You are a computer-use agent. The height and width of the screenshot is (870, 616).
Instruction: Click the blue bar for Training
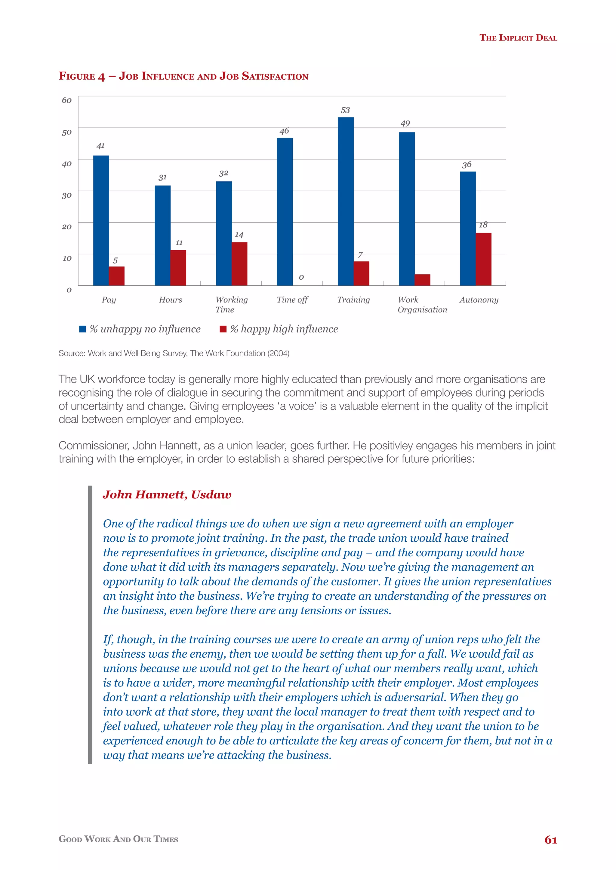coord(346,201)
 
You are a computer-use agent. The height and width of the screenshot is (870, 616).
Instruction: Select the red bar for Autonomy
coord(483,259)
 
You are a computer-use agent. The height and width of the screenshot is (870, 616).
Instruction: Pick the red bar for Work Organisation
coord(422,280)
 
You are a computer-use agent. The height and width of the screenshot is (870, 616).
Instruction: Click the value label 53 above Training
coord(345,110)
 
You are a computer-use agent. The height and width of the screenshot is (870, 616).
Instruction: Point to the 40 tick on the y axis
coord(67,164)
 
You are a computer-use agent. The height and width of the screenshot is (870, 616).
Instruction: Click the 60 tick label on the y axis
coord(67,100)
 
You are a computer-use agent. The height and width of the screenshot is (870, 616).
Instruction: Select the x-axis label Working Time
coord(231,304)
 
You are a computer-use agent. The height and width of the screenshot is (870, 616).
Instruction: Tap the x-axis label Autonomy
coord(479,300)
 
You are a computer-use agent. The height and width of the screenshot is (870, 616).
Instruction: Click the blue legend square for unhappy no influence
coord(82,329)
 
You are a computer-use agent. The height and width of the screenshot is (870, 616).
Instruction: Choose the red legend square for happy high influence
coord(223,329)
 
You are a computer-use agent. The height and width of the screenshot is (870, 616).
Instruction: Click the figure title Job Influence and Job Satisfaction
coord(183,76)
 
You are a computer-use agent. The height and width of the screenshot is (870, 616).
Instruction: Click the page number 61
coord(550,840)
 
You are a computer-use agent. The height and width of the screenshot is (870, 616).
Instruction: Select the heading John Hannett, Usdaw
coord(167,494)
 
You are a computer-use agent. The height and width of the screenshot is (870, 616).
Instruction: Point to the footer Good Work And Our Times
coord(118,839)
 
